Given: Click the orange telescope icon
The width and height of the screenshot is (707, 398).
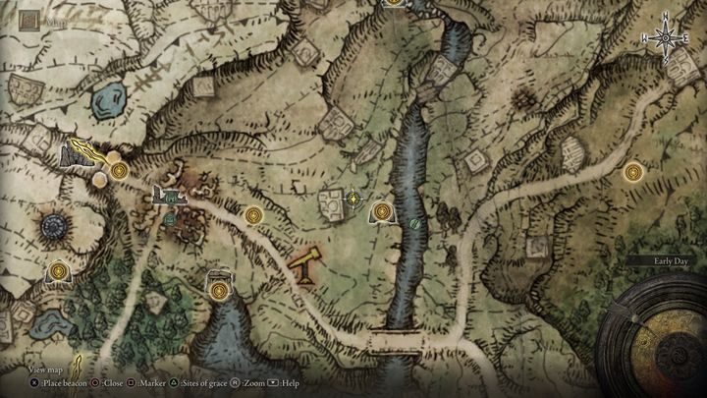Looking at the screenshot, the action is click(306, 263).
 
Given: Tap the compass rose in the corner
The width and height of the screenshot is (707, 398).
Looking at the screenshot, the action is click(665, 37).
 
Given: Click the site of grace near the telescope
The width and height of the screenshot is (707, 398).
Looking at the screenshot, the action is click(254, 214).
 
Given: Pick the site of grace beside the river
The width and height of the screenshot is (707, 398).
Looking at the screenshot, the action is click(381, 210).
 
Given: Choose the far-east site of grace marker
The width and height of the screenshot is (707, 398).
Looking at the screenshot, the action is click(632, 172).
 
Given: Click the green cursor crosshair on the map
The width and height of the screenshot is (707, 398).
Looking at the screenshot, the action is click(353, 199).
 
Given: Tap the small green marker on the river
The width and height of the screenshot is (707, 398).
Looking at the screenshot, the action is click(415, 223).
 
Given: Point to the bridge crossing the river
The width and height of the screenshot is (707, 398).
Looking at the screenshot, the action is click(402, 341).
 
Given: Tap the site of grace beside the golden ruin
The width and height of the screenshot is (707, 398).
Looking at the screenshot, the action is click(119, 171).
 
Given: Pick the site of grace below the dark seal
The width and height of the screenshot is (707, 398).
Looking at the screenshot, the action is click(60, 269).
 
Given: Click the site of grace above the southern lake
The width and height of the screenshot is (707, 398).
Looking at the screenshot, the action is click(218, 288).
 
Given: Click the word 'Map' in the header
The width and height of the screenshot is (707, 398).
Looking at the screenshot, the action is click(55, 19).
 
